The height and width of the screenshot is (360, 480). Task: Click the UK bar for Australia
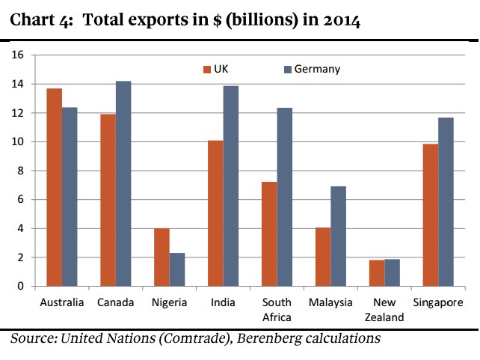(54, 187)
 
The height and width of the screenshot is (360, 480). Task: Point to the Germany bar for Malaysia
(339, 236)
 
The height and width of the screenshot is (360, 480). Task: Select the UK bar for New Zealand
(377, 272)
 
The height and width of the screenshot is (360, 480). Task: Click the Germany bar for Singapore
(446, 201)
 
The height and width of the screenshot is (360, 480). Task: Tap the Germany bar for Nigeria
(177, 269)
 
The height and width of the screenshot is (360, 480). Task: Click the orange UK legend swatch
(207, 70)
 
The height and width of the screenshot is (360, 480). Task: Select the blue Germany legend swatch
(287, 70)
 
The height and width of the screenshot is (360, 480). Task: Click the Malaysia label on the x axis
(330, 303)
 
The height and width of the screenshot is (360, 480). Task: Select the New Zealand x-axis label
(385, 310)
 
